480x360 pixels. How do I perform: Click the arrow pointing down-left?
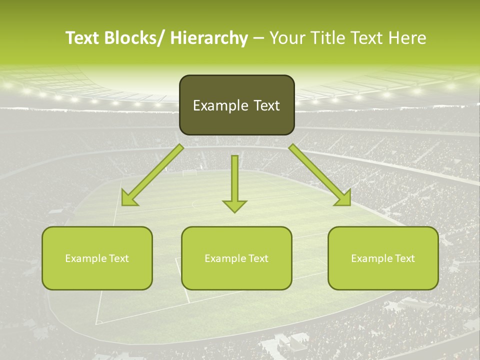tap(152, 175)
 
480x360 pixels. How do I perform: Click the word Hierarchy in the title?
tap(209, 38)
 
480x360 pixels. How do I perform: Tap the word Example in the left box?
tap(86, 258)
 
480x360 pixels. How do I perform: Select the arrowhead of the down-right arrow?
tap(342, 197)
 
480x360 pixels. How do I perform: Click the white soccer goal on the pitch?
tap(189, 173)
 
